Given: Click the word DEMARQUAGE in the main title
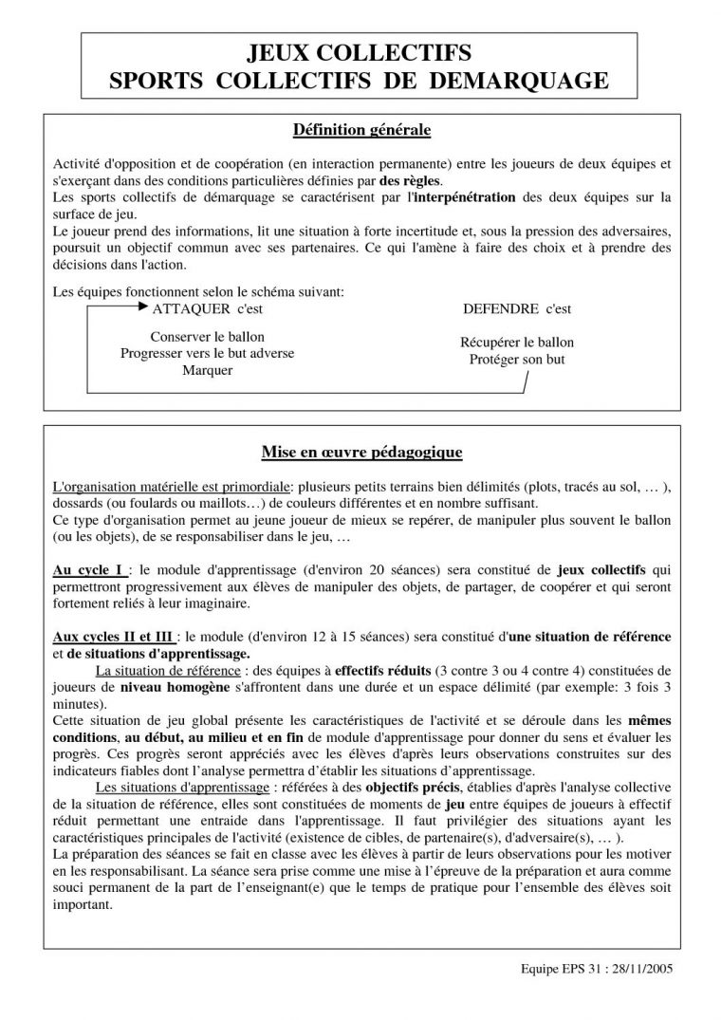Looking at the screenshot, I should point(519,81).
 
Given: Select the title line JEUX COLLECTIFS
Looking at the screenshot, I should point(360,51).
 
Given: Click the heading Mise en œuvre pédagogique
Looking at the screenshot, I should point(361,453).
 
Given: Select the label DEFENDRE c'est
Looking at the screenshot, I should point(517,309).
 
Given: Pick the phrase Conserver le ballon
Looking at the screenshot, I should point(207,337).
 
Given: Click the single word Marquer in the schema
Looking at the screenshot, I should point(207,370).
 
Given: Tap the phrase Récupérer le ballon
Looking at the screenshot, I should point(517,342).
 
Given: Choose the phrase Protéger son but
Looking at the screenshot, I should point(517,359).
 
